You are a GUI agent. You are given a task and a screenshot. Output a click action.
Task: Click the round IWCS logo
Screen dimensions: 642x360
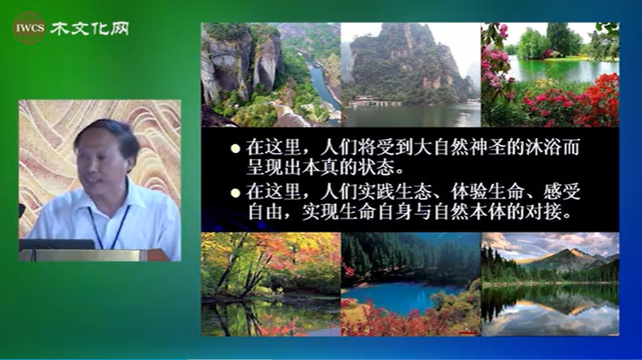point(30,28)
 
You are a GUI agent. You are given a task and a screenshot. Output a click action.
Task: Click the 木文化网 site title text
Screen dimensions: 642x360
point(90,29)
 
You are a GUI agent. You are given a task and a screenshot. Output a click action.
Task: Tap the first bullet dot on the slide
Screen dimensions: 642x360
point(235,148)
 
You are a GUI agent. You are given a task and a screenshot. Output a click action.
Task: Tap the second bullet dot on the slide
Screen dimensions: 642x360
point(235,193)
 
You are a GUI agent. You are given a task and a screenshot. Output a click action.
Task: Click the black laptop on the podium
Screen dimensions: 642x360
point(57,245)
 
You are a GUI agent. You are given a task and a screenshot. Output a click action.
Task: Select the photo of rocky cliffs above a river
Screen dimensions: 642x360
point(271,75)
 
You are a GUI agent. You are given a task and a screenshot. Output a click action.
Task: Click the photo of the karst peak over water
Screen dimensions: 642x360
point(410,75)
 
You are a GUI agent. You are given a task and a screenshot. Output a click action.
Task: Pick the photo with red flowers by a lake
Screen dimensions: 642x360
point(550,75)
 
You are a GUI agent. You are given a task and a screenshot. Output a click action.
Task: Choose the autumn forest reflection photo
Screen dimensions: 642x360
point(271,285)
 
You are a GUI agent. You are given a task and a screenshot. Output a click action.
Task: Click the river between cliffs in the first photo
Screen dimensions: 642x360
point(323,85)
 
